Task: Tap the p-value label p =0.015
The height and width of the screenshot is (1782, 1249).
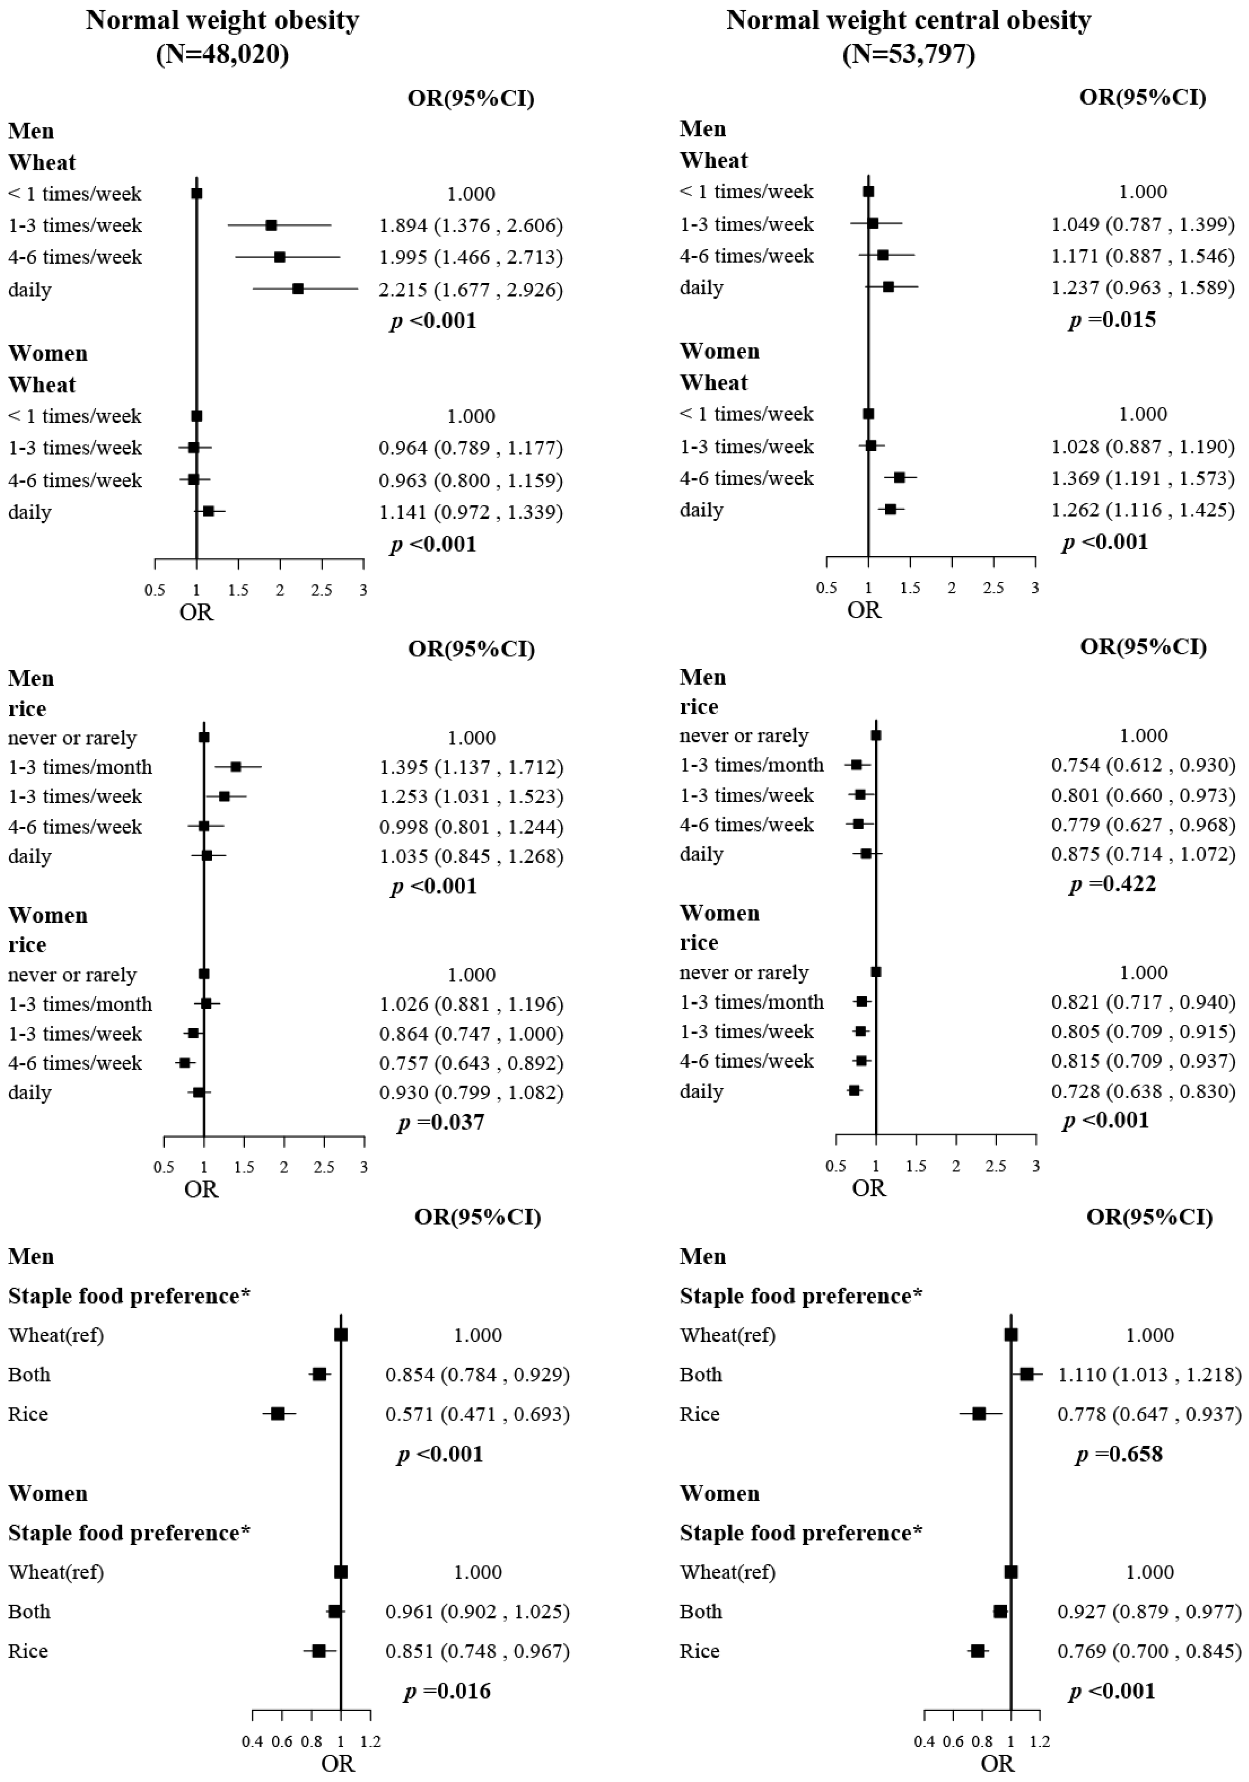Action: [x=1112, y=320]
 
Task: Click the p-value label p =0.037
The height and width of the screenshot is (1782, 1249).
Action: [x=440, y=1122]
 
